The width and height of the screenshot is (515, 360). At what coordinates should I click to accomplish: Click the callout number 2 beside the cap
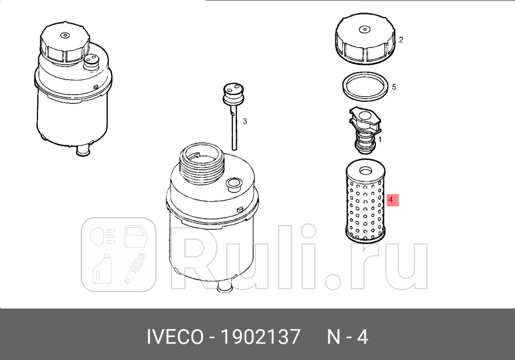click(x=401, y=40)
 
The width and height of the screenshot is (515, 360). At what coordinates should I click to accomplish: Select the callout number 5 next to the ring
click(x=393, y=87)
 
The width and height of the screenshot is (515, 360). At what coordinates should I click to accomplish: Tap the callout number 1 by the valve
click(x=380, y=140)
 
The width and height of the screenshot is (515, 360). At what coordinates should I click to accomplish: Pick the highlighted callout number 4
click(x=391, y=200)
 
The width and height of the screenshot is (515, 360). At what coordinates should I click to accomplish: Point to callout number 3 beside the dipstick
click(x=245, y=122)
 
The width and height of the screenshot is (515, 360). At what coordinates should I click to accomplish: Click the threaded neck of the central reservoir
click(x=202, y=162)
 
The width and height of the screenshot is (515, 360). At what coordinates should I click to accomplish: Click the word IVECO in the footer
click(x=174, y=337)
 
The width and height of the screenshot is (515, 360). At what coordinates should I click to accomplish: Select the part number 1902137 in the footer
click(x=261, y=337)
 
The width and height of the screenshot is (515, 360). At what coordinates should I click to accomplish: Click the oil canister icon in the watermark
click(x=101, y=270)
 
